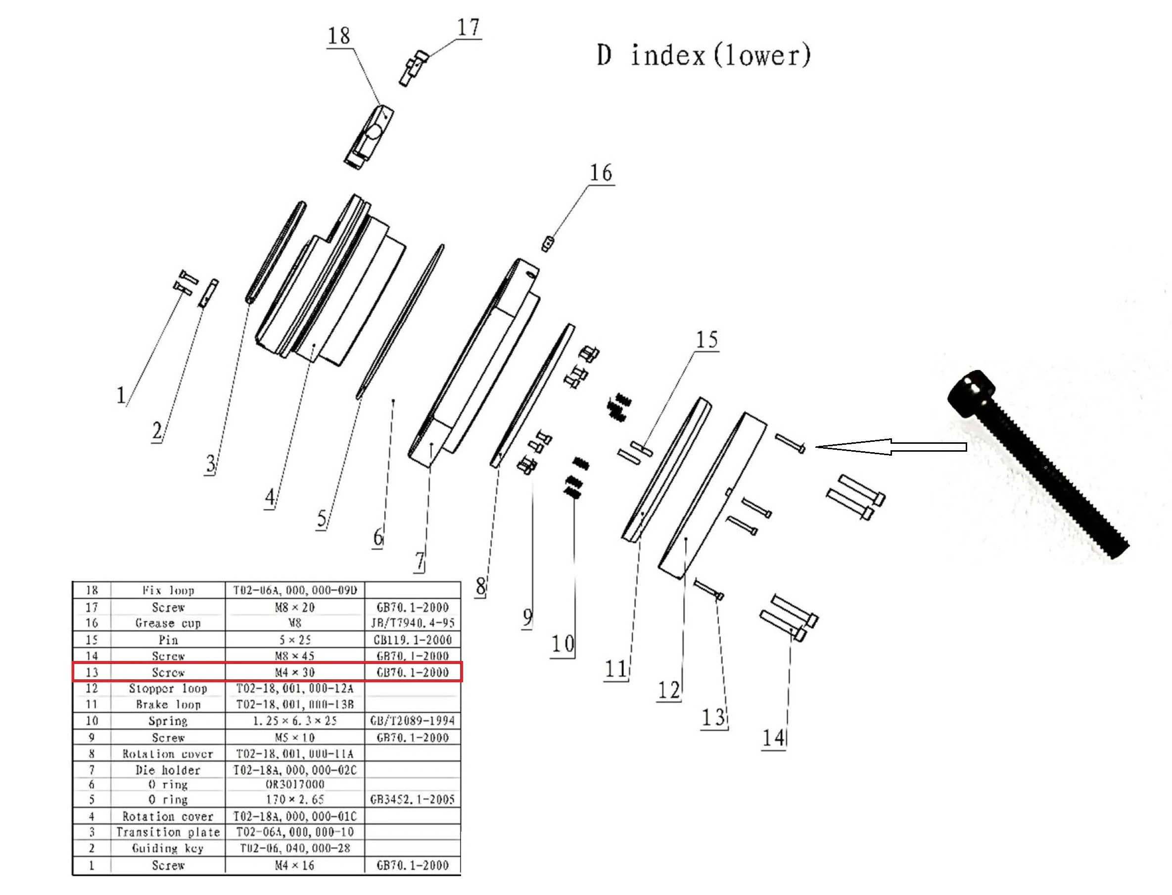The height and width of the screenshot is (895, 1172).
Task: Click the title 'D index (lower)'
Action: pos(703,55)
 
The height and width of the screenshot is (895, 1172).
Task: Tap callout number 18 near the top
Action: pos(339,36)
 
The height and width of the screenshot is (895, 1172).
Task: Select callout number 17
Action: pos(469,27)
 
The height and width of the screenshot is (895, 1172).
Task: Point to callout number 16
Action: pos(601,173)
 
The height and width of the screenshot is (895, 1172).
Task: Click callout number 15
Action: pos(707,340)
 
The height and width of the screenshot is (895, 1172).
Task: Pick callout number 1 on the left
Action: pos(121,395)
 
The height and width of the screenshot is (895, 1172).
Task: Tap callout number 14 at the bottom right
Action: pos(774,738)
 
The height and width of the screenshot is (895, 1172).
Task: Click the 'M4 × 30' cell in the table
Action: pos(294,672)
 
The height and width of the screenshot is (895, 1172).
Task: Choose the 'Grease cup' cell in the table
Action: pos(168,623)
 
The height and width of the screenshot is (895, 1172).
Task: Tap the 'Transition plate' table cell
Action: pos(168,832)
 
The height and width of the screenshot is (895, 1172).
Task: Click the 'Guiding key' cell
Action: pos(168,848)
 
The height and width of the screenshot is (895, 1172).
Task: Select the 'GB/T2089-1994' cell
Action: pos(412,721)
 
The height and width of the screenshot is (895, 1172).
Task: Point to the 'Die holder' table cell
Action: pos(168,770)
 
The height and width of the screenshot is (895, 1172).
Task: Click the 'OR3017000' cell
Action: pos(294,784)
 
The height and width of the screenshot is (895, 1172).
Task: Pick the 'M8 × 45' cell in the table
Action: pos(294,656)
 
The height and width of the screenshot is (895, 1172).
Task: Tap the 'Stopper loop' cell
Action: pos(168,688)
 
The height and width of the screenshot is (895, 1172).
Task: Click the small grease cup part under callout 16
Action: pos(547,245)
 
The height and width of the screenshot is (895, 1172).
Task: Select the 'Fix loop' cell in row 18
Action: pos(168,590)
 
